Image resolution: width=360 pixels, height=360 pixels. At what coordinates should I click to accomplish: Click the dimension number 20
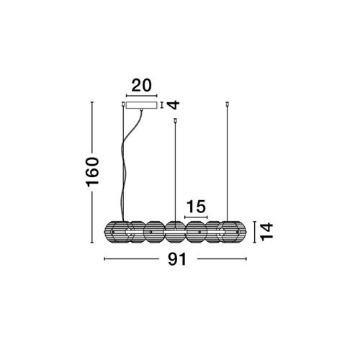click(x=142, y=86)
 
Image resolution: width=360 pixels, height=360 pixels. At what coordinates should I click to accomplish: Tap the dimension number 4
click(x=174, y=105)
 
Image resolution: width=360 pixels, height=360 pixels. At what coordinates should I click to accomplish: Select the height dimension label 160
click(x=92, y=172)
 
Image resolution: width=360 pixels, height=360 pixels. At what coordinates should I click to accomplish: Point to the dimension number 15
click(x=196, y=207)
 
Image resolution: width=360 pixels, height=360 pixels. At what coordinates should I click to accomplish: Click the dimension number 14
click(x=266, y=232)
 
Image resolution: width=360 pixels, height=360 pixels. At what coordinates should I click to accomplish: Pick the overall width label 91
click(x=177, y=259)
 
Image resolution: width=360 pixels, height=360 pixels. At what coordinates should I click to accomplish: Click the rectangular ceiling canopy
click(x=142, y=105)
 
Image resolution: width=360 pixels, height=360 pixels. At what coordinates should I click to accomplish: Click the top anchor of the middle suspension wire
click(x=175, y=121)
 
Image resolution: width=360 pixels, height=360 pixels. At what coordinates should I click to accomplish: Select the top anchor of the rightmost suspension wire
click(x=228, y=104)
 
